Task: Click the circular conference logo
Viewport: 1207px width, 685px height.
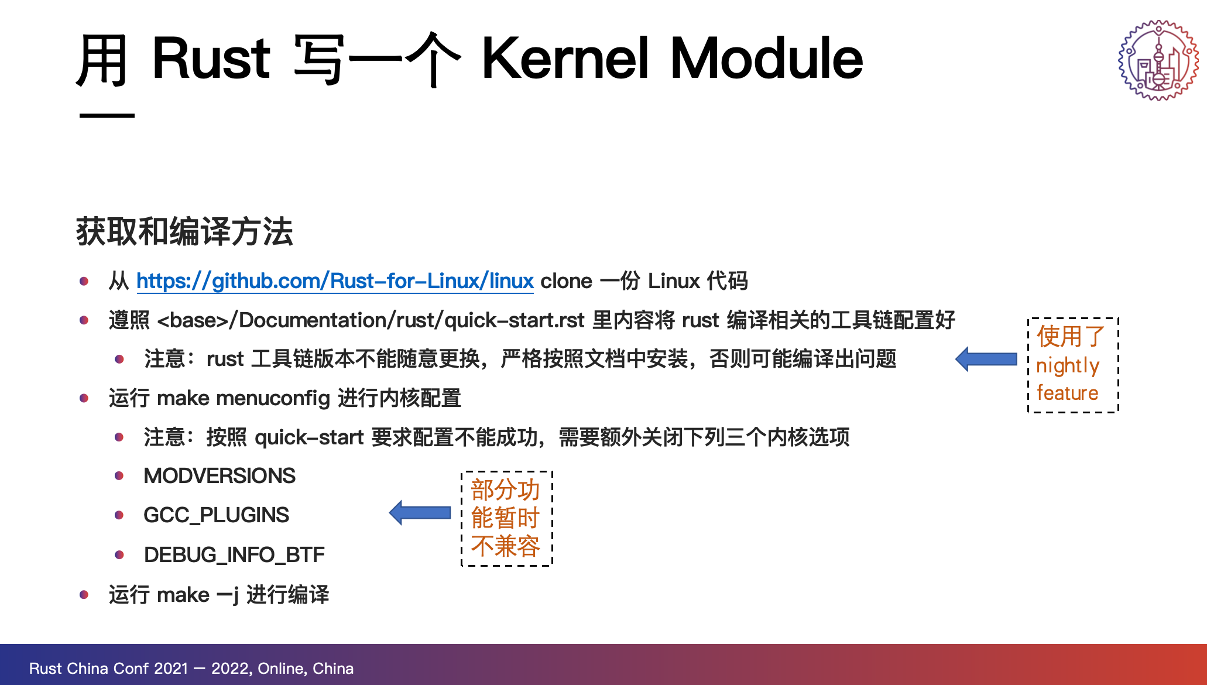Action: pos(1158,60)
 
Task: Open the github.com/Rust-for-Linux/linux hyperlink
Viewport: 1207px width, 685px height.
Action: pos(335,281)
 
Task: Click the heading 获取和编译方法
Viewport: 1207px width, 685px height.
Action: pos(184,231)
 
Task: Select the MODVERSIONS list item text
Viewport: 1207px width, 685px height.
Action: pos(220,475)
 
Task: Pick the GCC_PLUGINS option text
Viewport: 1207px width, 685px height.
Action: pos(216,515)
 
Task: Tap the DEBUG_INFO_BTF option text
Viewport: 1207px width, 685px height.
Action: pos(234,554)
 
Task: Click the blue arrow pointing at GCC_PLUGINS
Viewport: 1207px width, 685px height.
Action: pos(420,513)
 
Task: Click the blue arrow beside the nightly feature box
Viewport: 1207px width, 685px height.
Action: pos(986,359)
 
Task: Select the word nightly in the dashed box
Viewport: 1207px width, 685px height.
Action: pos(1068,366)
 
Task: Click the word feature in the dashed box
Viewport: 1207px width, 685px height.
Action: pos(1067,393)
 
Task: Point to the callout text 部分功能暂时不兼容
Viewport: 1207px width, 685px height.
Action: pos(506,518)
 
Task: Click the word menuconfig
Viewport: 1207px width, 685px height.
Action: pos(273,399)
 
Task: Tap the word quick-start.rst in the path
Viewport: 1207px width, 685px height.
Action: pos(515,320)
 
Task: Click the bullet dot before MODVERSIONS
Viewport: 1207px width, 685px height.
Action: pos(119,476)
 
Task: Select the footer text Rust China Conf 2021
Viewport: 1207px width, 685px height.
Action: pos(109,669)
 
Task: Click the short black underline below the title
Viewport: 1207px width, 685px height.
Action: pos(107,115)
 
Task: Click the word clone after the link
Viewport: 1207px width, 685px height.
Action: pos(566,281)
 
